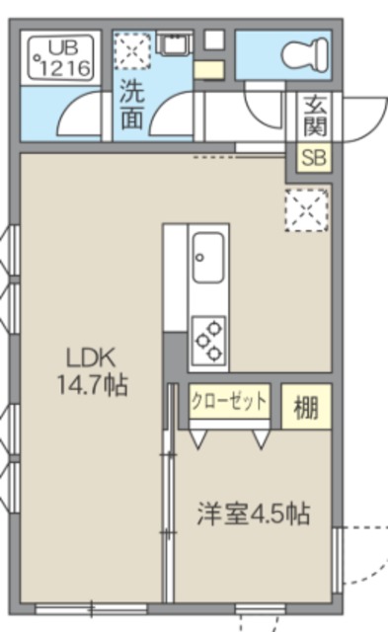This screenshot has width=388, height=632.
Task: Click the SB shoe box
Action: (x=316, y=158)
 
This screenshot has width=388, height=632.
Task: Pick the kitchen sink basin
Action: (x=209, y=259)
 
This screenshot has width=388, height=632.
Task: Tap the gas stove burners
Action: (x=208, y=339)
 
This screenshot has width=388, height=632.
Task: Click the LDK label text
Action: (x=89, y=356)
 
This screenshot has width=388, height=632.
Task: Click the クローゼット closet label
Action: (x=228, y=401)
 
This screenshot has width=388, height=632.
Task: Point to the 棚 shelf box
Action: (x=306, y=407)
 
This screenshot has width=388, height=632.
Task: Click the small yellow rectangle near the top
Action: (x=209, y=69)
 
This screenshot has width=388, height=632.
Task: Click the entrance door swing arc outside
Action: (x=360, y=118)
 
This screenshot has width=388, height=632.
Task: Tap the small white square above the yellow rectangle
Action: (x=213, y=40)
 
